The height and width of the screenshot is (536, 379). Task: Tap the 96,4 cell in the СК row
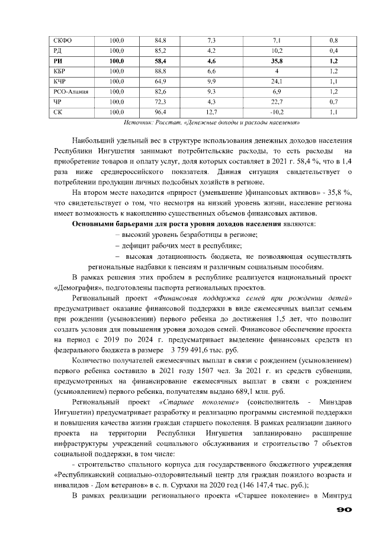(160, 111)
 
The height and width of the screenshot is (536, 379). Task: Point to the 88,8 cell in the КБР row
(160, 71)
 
